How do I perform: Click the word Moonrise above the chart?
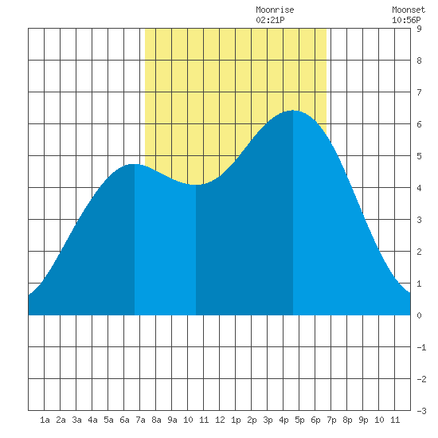coord(275,10)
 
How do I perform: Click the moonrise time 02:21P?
coord(270,20)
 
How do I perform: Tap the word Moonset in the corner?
coord(409,10)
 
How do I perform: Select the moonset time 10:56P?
coord(406,20)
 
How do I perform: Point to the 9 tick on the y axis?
coord(419,29)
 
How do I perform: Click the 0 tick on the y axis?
coord(419,315)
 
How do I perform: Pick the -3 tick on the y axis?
coord(421,411)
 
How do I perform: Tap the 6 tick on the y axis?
coord(419,124)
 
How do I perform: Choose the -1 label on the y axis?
coord(421,347)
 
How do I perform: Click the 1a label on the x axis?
coord(45,420)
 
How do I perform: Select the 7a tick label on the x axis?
coord(140,420)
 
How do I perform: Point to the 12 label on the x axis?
coord(220,420)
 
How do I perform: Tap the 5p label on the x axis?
coord(299,420)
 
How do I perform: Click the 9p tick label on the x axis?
coord(363,420)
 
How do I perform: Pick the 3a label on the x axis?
coord(76,420)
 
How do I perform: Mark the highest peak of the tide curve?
coord(293,111)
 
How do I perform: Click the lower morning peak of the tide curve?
coord(135,164)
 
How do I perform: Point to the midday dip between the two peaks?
coord(196,185)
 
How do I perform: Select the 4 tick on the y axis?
coord(419,188)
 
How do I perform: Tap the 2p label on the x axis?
coord(252,420)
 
